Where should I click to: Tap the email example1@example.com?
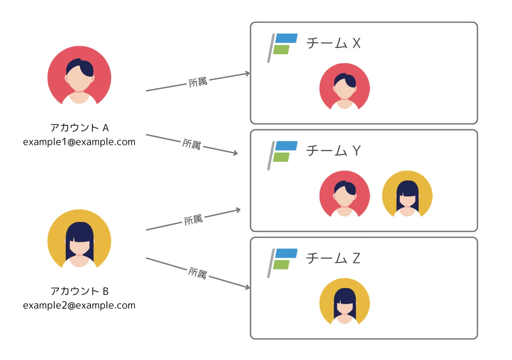pyautogui.click(x=79, y=142)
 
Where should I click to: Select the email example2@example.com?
pyautogui.click(x=79, y=305)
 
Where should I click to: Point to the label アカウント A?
pyautogui.click(x=79, y=128)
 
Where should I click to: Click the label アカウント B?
pyautogui.click(x=79, y=291)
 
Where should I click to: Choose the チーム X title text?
pyautogui.click(x=333, y=44)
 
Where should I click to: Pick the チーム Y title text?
pyautogui.click(x=333, y=151)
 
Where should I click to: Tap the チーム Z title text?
pyautogui.click(x=333, y=258)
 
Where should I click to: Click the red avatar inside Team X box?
pyautogui.click(x=345, y=87)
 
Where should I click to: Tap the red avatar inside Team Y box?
pyautogui.click(x=345, y=195)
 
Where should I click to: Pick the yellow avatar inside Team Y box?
pyautogui.click(x=407, y=195)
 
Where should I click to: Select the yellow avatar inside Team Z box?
pyautogui.click(x=345, y=302)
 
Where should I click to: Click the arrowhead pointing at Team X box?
pyautogui.click(x=247, y=74)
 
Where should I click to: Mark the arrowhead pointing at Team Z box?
pyautogui.click(x=247, y=287)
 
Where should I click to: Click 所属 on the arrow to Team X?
pyautogui.click(x=198, y=82)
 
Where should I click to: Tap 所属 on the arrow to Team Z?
pyautogui.click(x=197, y=273)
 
